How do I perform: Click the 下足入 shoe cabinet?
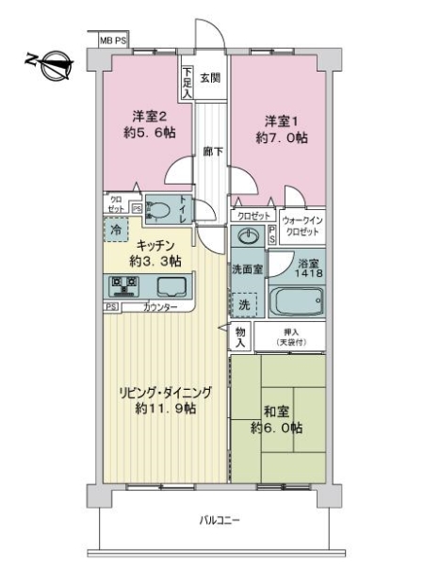click(188, 82)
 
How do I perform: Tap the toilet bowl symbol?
click(160, 210)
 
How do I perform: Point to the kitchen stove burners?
click(124, 285)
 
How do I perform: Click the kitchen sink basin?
click(171, 286)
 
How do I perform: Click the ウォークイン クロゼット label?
click(302, 223)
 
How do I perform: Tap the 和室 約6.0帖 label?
click(277, 419)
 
